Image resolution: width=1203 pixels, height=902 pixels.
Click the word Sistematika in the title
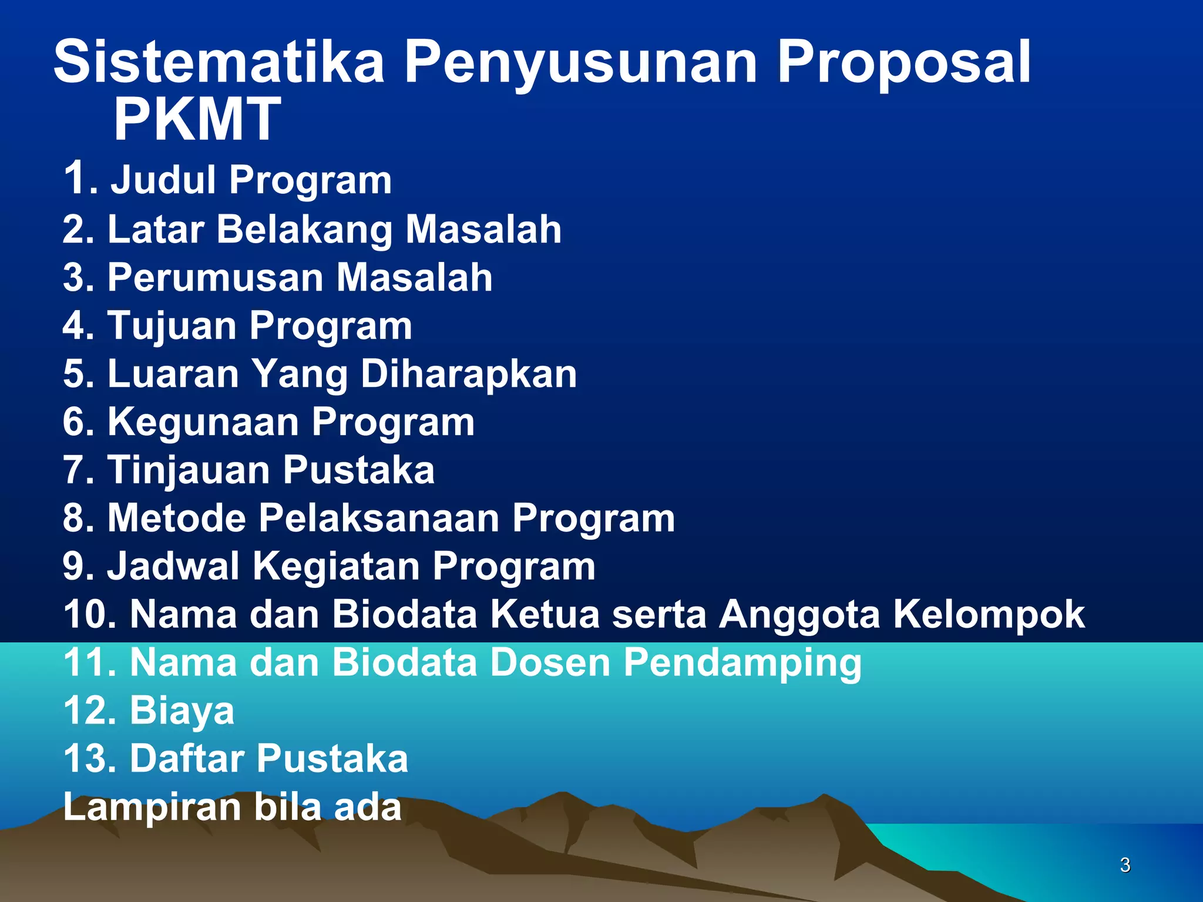click(219, 62)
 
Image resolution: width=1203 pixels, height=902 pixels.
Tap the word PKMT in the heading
click(197, 119)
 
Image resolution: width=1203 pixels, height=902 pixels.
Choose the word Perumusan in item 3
click(216, 277)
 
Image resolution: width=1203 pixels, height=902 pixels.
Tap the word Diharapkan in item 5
click(468, 375)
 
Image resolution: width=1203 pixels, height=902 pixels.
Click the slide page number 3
click(1125, 865)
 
